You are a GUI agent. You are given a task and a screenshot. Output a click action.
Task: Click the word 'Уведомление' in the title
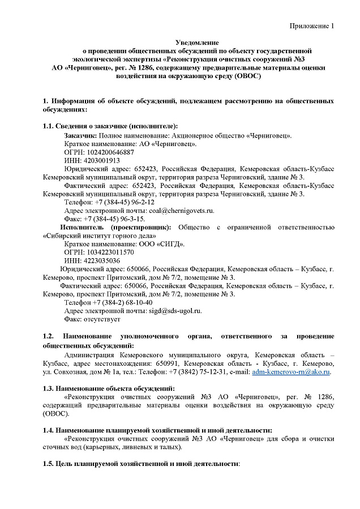[197, 42]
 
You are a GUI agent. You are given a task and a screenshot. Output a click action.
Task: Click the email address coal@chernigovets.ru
[181, 210]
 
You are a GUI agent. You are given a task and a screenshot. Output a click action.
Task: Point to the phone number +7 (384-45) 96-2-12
[125, 202]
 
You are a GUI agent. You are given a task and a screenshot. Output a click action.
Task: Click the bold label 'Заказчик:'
[80, 136]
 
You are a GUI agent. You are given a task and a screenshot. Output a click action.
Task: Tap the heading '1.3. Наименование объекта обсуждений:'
[109, 388]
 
